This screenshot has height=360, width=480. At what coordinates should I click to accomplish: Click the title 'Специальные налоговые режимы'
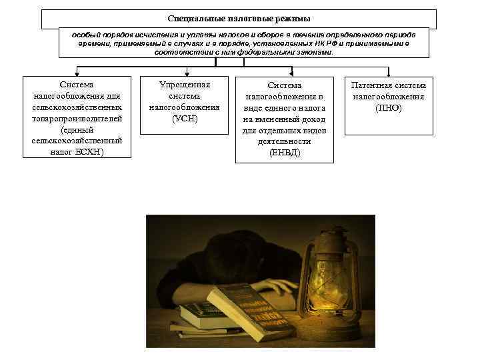(x=239, y=19)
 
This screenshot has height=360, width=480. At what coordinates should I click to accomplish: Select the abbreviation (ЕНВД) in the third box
(x=285, y=153)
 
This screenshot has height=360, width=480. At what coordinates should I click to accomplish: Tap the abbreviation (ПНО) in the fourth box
(x=389, y=107)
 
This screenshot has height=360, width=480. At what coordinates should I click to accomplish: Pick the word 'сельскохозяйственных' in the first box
(x=77, y=107)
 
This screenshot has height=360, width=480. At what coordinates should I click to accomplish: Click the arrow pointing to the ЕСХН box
(x=77, y=70)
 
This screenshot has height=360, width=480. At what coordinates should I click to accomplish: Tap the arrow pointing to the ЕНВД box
(x=291, y=70)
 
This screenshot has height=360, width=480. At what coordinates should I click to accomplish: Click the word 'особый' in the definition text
(x=94, y=33)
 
